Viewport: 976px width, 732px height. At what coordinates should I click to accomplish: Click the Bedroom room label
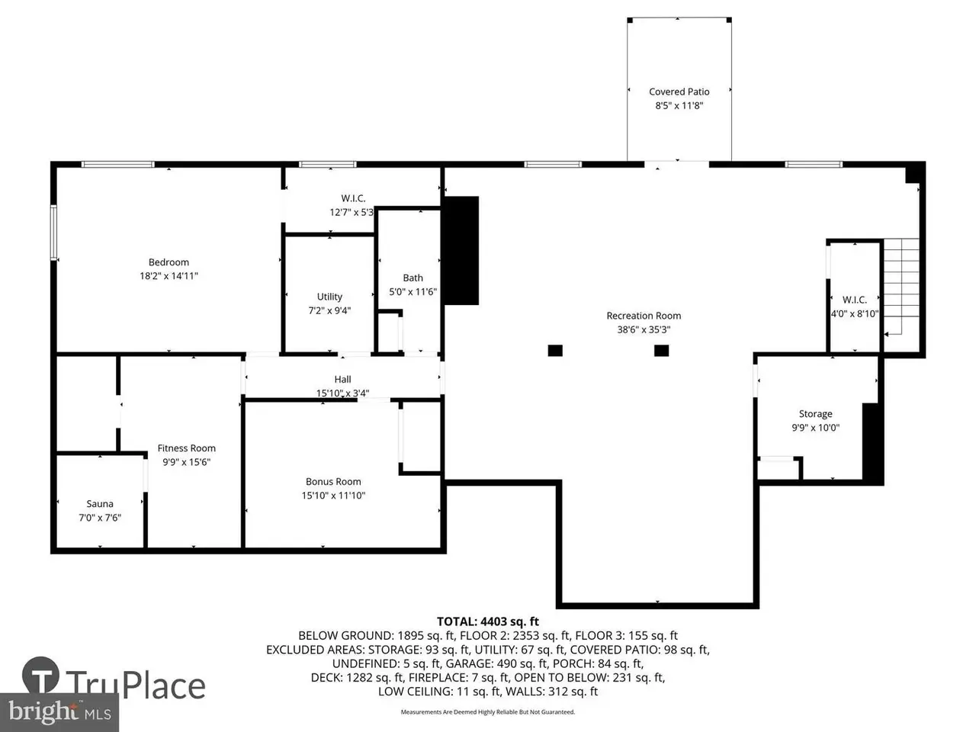pos(169,262)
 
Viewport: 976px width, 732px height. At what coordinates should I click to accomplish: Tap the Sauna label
pos(100,503)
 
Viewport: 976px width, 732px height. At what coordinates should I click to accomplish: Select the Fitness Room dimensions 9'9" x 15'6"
pos(186,462)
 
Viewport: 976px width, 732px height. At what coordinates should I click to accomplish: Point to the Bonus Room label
pos(333,481)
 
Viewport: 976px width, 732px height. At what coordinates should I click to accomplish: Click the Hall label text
pos(342,379)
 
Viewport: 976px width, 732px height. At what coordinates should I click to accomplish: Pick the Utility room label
pos(329,297)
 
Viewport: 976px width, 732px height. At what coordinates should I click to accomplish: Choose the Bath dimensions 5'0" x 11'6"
pos(413,291)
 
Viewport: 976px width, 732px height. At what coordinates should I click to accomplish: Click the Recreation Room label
pos(644,316)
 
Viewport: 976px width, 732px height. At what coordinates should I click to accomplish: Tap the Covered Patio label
pos(679,91)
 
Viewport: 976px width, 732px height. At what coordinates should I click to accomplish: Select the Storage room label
pos(815,414)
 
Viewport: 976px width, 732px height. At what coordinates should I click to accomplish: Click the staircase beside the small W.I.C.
pos(901,287)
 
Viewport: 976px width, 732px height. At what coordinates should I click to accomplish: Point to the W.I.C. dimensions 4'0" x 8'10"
pos(855,314)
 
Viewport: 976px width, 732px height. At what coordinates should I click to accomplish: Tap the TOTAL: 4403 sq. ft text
pos(488,621)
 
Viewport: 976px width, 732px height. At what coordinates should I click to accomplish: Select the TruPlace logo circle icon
pos(40,675)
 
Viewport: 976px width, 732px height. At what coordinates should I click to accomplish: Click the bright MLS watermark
pos(59,711)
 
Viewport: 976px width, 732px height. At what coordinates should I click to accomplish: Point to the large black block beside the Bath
pos(461,250)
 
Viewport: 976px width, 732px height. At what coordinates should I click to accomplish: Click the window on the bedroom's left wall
pos(54,232)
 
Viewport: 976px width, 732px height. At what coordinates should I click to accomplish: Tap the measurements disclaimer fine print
pos(488,712)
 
